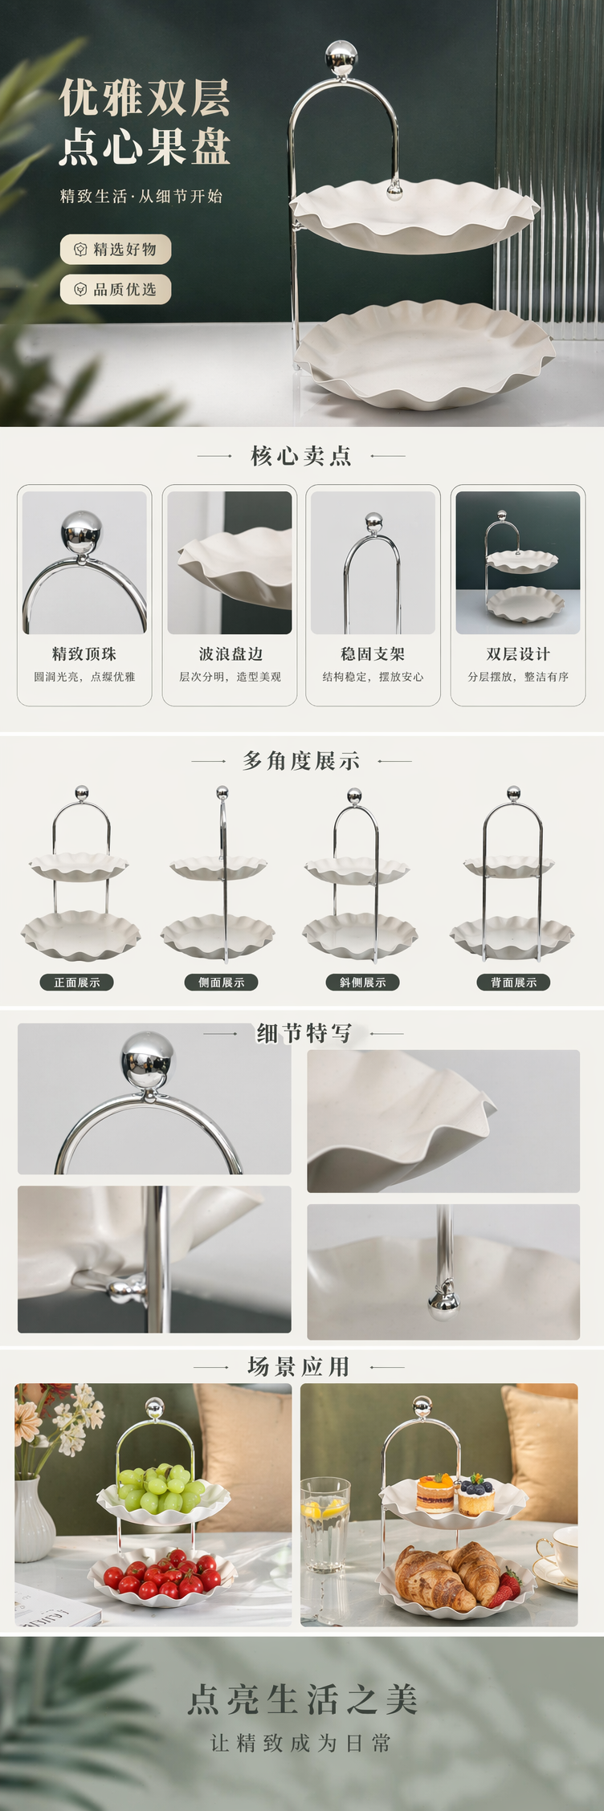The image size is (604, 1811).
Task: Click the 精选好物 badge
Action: pyautogui.click(x=116, y=249)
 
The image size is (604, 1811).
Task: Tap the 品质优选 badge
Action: pyautogui.click(x=116, y=289)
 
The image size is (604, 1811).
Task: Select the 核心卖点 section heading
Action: pyautogui.click(x=301, y=456)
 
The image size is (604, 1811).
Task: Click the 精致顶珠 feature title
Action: pyautogui.click(x=84, y=653)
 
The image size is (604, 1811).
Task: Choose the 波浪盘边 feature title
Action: pyautogui.click(x=230, y=653)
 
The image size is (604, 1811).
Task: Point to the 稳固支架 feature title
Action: pyautogui.click(x=373, y=653)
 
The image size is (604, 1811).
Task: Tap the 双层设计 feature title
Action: pyautogui.click(x=518, y=653)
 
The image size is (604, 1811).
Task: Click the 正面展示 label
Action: pyautogui.click(x=77, y=982)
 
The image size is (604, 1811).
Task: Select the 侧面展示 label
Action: pyautogui.click(x=222, y=982)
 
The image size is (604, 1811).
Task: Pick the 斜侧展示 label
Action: pyautogui.click(x=363, y=982)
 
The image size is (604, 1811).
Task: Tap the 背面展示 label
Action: pyautogui.click(x=514, y=982)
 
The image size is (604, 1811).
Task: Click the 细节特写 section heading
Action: pyautogui.click(x=304, y=1033)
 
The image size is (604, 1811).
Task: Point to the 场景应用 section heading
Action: pyautogui.click(x=299, y=1366)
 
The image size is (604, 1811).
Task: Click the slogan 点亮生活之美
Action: pyautogui.click(x=302, y=1699)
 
